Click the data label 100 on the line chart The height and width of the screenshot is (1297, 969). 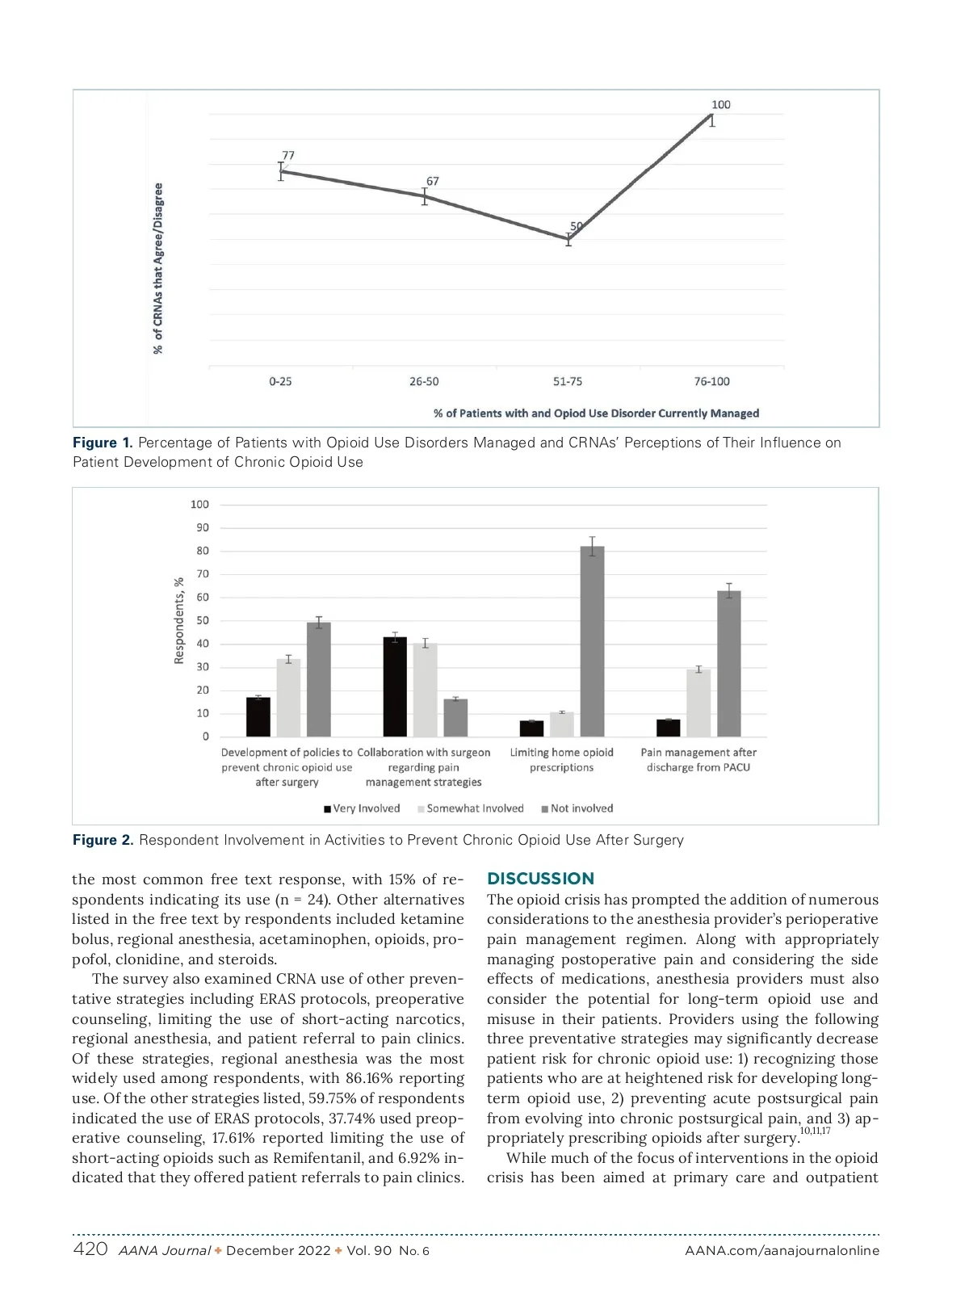point(720,105)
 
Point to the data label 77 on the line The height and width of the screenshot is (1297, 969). point(288,155)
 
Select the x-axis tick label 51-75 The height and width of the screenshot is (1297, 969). point(568,381)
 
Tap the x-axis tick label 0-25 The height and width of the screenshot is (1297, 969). point(280,381)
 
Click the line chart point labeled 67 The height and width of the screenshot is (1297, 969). point(425,196)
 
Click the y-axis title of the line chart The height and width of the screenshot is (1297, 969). point(158,268)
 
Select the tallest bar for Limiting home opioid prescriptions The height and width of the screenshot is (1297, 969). point(592,641)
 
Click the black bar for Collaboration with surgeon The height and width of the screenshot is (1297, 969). point(395,686)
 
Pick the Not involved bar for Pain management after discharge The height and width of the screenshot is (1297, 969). point(729,663)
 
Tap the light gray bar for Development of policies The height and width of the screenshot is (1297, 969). point(288,697)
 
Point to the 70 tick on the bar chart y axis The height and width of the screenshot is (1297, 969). point(203,574)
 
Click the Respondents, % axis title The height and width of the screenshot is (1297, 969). point(179,620)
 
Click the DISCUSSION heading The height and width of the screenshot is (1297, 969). point(540,879)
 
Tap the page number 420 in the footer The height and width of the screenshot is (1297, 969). point(90,1249)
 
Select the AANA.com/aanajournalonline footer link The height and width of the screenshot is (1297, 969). point(782,1251)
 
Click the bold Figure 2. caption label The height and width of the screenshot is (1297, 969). point(103,840)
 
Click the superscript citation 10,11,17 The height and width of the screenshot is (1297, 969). point(815,1131)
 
